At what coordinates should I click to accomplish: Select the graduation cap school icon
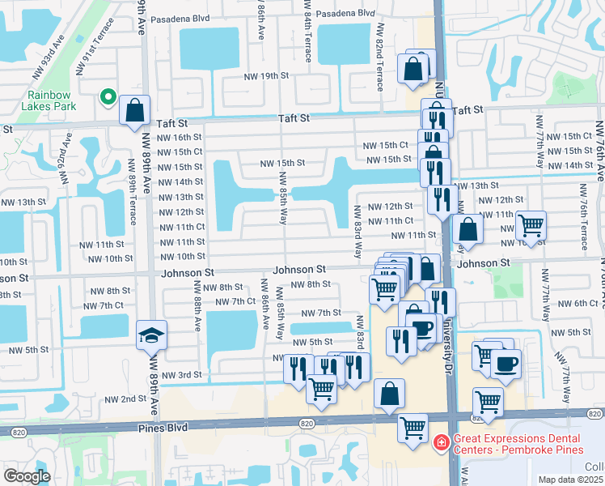[x=151, y=335]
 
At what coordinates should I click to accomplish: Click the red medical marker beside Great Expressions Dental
[x=441, y=442]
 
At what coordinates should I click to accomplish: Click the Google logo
[x=27, y=475]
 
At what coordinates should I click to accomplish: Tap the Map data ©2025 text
[x=564, y=480]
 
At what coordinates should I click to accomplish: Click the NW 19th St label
[x=266, y=75]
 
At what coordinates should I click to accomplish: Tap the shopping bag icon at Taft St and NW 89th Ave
[x=135, y=110]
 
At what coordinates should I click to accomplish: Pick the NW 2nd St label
[x=123, y=399]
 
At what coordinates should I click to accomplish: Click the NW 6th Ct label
[x=576, y=303]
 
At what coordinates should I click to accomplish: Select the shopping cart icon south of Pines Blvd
[x=413, y=427]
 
